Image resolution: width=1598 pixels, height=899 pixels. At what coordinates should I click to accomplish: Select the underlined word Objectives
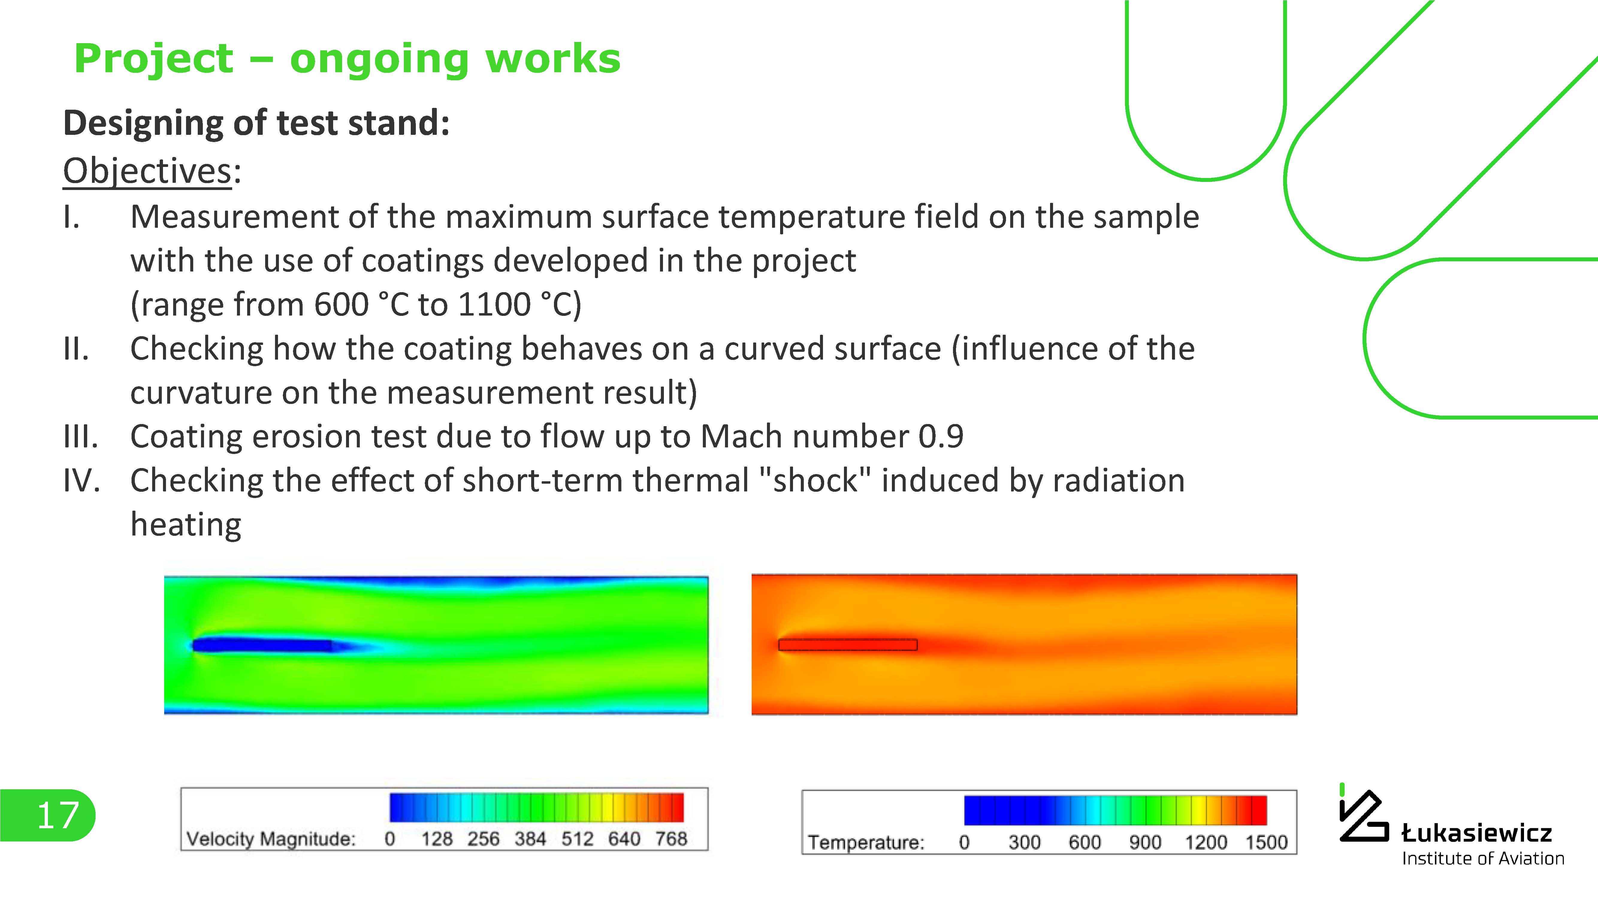pos(148,171)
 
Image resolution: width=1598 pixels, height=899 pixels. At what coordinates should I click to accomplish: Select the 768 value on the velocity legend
pos(671,839)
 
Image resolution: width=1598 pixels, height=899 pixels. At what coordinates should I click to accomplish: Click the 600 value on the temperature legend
pos(1085,843)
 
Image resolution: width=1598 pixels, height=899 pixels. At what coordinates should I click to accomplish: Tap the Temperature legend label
pos(866,843)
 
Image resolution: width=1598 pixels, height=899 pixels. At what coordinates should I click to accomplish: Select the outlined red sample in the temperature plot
pos(848,645)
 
